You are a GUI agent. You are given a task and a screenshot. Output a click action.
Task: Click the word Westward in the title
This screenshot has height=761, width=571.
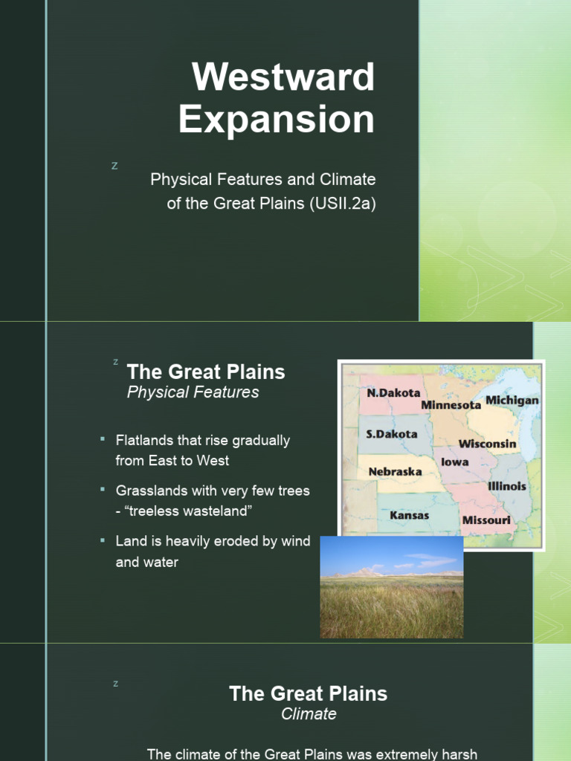click(x=283, y=77)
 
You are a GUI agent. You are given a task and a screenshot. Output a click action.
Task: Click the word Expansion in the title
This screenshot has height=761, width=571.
click(x=276, y=120)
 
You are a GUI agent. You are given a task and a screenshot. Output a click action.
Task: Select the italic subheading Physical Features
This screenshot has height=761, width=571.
click(x=193, y=392)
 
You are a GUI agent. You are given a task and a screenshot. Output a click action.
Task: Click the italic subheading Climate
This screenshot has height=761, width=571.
click(x=309, y=714)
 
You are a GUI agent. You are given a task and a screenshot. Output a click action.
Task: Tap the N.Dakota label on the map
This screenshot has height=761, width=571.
click(x=393, y=392)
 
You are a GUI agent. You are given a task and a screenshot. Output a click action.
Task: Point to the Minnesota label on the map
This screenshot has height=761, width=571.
click(x=451, y=405)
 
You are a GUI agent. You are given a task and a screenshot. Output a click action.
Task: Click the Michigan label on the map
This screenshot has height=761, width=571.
click(x=512, y=401)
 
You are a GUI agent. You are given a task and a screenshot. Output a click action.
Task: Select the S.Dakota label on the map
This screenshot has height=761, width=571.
click(x=392, y=434)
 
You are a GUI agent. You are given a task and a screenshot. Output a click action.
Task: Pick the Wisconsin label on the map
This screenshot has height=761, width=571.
click(x=487, y=444)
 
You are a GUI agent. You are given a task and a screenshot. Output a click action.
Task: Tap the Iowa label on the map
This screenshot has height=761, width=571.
click(x=454, y=462)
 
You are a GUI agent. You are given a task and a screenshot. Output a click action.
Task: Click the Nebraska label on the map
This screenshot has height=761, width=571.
click(x=396, y=471)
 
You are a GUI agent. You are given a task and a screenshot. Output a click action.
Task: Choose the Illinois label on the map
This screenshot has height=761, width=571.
click(x=507, y=486)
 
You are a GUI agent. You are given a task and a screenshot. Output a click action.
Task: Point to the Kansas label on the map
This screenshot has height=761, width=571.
click(x=409, y=515)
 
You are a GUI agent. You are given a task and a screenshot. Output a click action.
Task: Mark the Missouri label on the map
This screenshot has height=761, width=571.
click(x=486, y=520)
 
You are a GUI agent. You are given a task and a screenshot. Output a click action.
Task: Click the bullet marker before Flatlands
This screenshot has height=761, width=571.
click(x=103, y=440)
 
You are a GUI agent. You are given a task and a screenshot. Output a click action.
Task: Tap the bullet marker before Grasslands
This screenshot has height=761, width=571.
click(x=103, y=490)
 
